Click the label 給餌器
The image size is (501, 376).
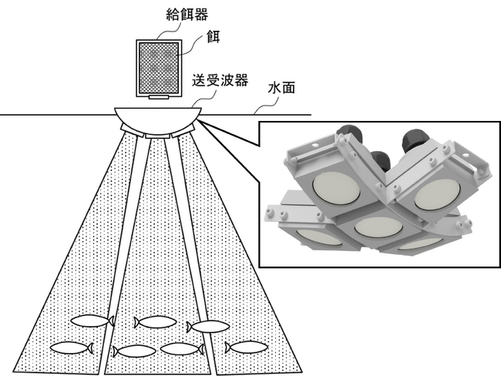[x=187, y=15]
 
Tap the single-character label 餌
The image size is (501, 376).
[x=213, y=37]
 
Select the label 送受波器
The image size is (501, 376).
[x=220, y=80]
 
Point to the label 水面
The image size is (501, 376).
[x=281, y=88]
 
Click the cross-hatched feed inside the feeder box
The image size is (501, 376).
[x=159, y=68]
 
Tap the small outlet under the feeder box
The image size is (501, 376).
[x=159, y=97]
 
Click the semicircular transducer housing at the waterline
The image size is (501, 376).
[x=158, y=120]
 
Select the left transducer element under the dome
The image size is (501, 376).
[x=131, y=131]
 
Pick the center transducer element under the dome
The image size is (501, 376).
[x=157, y=136]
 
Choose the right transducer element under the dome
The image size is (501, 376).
[x=183, y=131]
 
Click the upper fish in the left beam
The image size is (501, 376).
[x=92, y=321]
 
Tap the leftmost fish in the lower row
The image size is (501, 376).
[x=72, y=348]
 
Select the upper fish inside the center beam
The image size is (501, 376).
[x=155, y=322]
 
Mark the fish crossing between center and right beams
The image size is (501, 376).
[x=208, y=327]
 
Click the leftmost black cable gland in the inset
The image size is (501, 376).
[x=348, y=132]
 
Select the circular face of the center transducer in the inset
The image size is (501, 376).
[x=378, y=227]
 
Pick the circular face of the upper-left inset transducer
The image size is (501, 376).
[x=336, y=189]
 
